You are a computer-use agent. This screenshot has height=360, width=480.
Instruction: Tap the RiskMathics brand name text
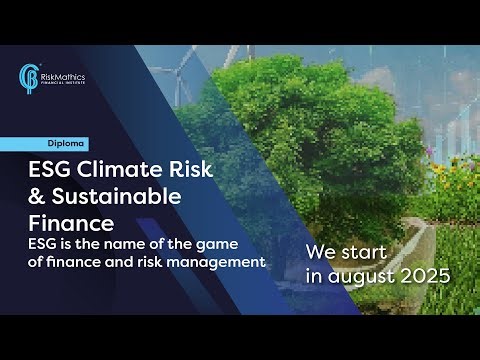click(63, 73)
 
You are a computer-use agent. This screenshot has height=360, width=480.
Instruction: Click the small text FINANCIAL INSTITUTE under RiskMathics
click(63, 84)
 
